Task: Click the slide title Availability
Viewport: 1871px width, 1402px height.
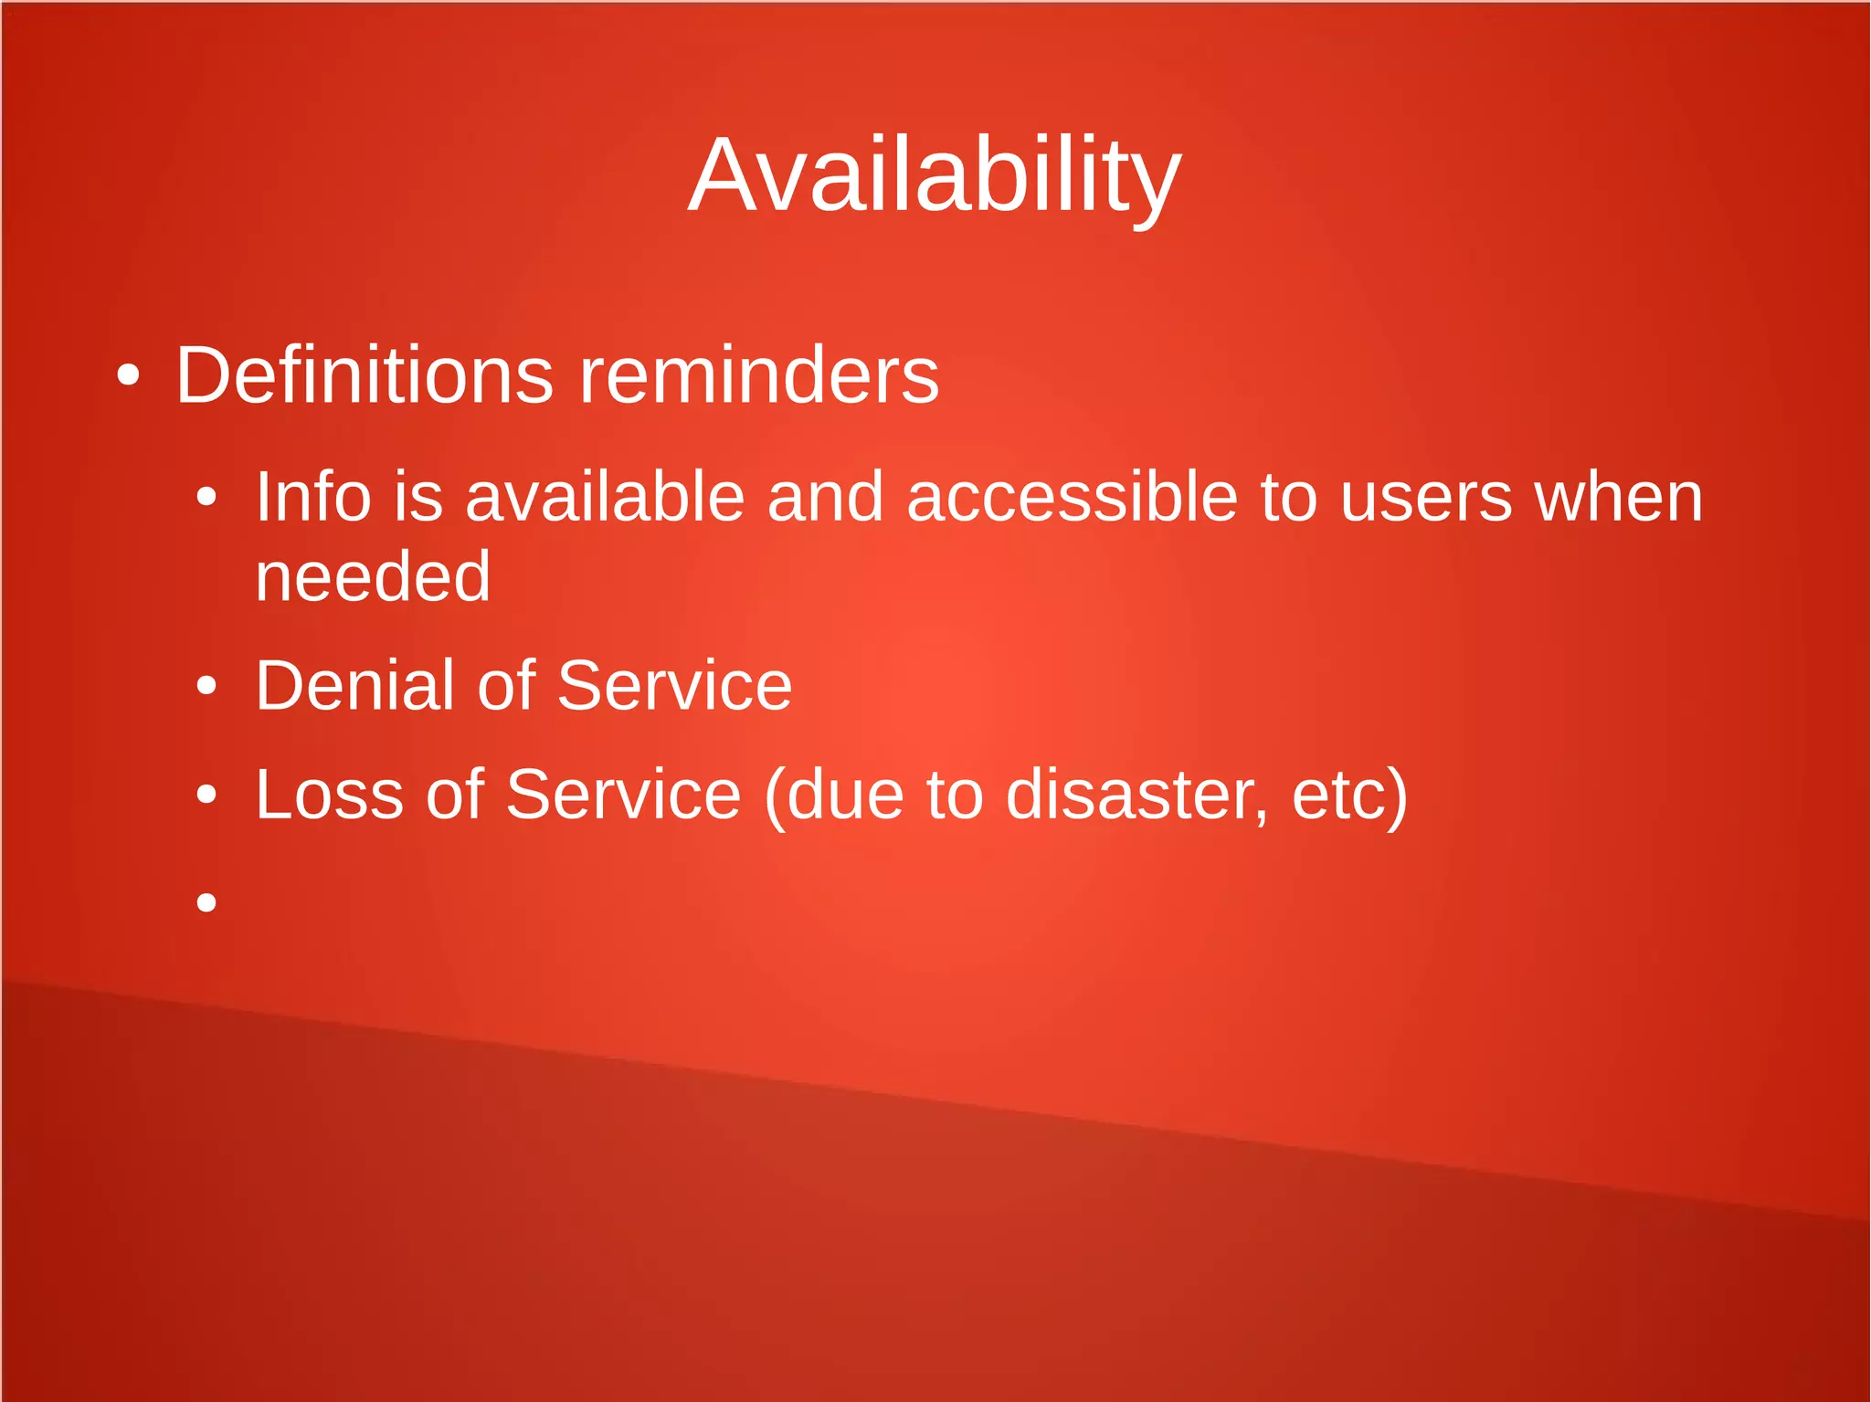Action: [x=935, y=175]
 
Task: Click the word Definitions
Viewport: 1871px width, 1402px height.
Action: [x=364, y=375]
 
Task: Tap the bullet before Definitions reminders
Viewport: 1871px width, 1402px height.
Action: [x=129, y=375]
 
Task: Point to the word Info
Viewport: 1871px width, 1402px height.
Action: [x=312, y=498]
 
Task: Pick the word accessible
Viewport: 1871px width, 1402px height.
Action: [x=1072, y=498]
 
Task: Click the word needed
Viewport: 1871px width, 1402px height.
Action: [x=373, y=577]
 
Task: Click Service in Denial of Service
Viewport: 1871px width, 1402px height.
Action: [x=674, y=686]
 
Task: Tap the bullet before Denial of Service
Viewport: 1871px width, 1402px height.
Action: [x=207, y=686]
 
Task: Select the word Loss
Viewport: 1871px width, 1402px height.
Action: [x=329, y=795]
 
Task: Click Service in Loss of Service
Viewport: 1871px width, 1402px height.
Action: [x=623, y=795]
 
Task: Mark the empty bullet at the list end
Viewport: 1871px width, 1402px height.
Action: [x=207, y=902]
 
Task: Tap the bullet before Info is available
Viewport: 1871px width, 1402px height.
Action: [x=207, y=498]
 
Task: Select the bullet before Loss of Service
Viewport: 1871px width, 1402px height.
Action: [x=207, y=795]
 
